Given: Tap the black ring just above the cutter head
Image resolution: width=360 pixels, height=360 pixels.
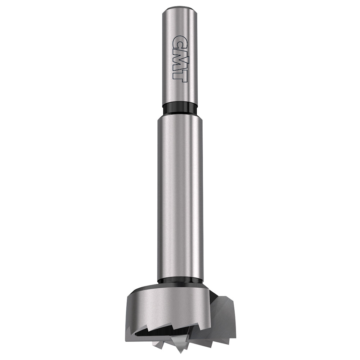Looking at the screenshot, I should (x=180, y=280).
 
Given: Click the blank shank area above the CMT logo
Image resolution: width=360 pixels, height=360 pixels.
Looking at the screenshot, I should (x=180, y=22).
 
